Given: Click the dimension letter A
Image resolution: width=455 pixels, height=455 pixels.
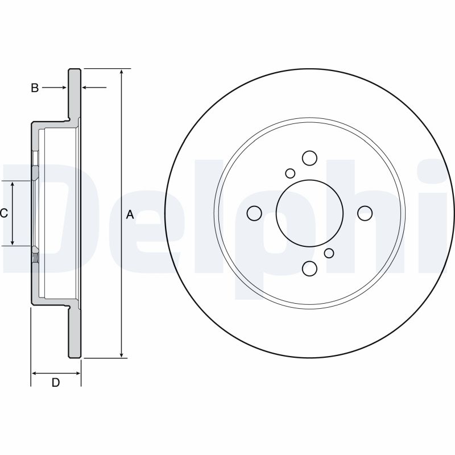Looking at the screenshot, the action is [130, 215].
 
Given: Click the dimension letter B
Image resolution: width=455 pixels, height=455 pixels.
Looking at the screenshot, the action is [35, 88].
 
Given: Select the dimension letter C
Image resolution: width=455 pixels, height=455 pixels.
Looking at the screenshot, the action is [3, 214].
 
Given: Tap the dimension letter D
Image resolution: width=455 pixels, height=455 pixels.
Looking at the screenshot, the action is [55, 382].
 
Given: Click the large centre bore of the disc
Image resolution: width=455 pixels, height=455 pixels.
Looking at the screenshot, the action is [309, 213].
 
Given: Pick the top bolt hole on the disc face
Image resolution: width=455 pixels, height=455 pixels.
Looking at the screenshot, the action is [309, 158].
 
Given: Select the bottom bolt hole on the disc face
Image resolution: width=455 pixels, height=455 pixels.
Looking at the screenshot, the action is [309, 268].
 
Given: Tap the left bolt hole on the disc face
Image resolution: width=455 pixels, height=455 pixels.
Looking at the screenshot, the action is [254, 213].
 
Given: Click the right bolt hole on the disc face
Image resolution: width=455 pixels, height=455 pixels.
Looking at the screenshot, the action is [365, 213].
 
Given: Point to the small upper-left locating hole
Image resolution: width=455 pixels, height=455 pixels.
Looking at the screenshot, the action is [290, 173].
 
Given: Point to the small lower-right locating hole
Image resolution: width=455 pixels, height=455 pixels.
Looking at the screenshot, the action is [329, 253].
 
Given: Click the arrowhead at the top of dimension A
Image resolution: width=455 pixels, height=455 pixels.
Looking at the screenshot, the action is [122, 72].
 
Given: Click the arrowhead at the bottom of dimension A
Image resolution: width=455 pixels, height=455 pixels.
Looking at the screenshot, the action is [122, 354].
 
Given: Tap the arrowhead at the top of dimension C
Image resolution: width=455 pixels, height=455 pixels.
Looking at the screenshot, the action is [13, 184].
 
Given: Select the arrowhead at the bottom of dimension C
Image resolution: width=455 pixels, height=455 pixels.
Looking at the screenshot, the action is [13, 242].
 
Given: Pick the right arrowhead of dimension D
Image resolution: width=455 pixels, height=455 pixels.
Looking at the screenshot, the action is [77, 373].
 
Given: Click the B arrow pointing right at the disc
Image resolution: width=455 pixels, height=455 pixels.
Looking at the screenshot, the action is [55, 88].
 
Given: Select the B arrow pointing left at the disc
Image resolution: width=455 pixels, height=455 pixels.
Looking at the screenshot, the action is [94, 87].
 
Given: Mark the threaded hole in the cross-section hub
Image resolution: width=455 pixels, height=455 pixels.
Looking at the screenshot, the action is [35, 257].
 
